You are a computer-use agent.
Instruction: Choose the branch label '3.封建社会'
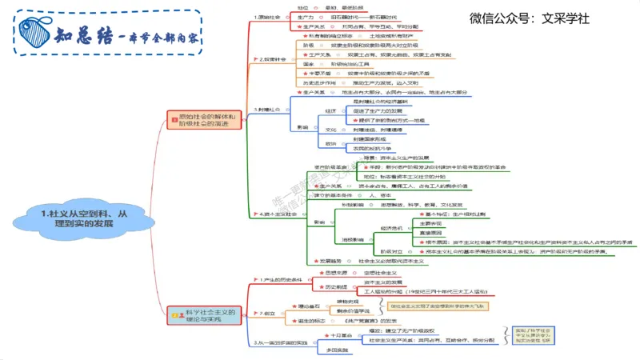pos(270,109)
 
